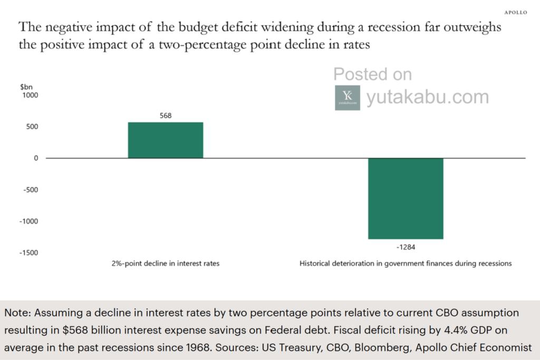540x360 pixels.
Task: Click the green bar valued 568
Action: click(x=166, y=140)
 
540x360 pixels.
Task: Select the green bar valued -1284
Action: click(x=406, y=199)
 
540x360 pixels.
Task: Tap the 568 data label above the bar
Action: click(x=166, y=115)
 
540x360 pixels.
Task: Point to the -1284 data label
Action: click(x=406, y=247)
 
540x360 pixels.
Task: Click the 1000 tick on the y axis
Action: click(x=30, y=95)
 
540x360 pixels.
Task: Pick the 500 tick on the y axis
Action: click(x=32, y=127)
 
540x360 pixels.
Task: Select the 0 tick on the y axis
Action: click(x=36, y=158)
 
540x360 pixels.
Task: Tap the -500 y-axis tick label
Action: click(x=31, y=190)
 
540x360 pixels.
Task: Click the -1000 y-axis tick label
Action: click(x=29, y=221)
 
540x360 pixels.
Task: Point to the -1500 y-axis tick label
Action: click(x=29, y=252)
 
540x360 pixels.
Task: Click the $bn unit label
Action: click(x=26, y=87)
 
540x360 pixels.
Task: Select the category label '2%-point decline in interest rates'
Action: click(x=165, y=264)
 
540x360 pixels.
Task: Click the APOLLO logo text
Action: click(x=516, y=13)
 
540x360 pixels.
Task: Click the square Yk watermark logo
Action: click(x=348, y=98)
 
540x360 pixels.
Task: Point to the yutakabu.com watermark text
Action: click(x=428, y=97)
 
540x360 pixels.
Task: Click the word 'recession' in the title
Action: click(x=394, y=27)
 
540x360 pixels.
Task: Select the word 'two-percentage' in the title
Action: click(x=202, y=45)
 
